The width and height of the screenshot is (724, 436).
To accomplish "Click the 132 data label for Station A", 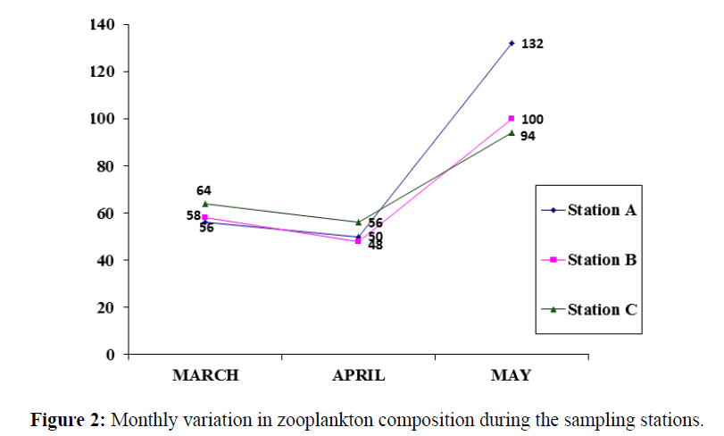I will coord(533,44).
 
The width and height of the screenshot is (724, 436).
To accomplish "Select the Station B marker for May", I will coord(512,118).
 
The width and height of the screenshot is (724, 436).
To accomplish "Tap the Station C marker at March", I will coord(205,204).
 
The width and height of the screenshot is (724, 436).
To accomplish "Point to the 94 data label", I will coord(528,137).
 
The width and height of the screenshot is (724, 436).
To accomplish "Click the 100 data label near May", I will coord(532,120).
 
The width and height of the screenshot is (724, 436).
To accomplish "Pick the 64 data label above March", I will coord(204,190).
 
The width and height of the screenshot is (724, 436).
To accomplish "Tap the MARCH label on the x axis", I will coord(205,376).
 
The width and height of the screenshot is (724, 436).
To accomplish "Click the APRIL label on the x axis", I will coord(359,376).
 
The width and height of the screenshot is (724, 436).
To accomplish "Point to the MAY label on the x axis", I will coord(511,376).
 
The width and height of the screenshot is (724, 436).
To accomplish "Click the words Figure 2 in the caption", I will coord(68,419).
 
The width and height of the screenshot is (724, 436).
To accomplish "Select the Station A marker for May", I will coord(512,43).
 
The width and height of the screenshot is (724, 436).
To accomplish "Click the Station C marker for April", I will coord(358,222).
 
